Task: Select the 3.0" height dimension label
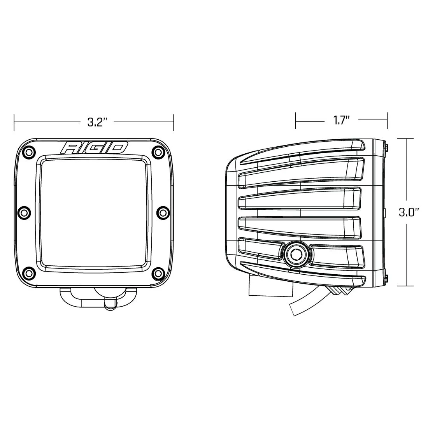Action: pyautogui.click(x=409, y=212)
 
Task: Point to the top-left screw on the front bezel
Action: pyautogui.click(x=28, y=152)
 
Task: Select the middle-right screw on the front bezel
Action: pyautogui.click(x=162, y=212)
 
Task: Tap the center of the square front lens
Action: pyautogui.click(x=93, y=212)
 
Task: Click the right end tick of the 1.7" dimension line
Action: pyautogui.click(x=387, y=121)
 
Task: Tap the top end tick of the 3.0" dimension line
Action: pyautogui.click(x=407, y=139)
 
